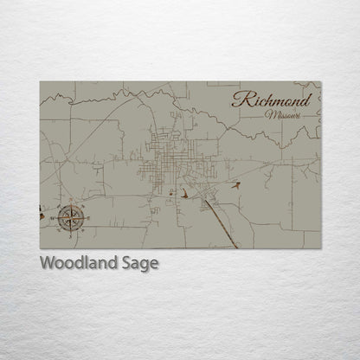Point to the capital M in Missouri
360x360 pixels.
[272, 114]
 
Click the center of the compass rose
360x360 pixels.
[71, 217]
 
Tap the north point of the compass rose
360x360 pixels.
[71, 202]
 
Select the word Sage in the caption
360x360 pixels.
[140, 264]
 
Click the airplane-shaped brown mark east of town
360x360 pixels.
[235, 184]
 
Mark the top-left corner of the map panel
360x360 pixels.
[41, 82]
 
